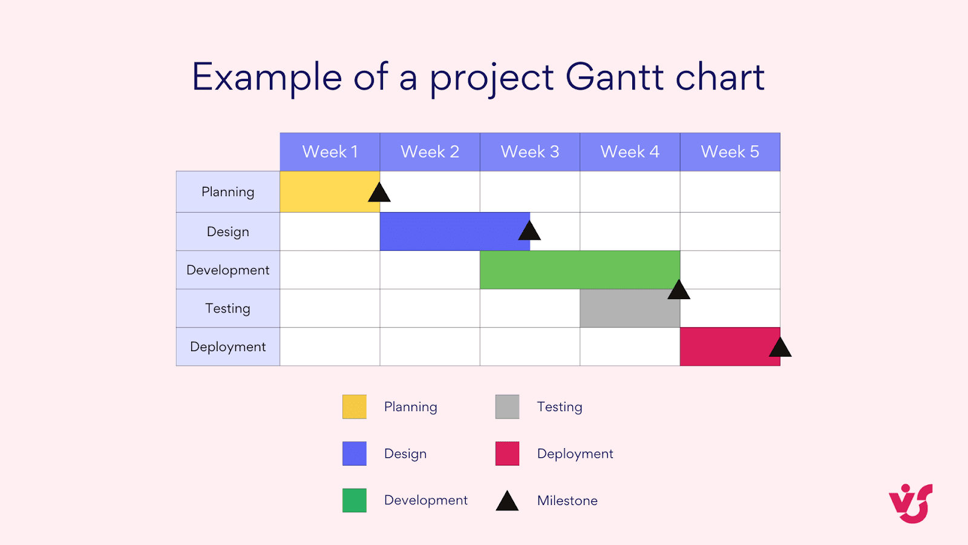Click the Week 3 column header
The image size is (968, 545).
point(529,152)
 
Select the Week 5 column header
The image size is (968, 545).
point(730,152)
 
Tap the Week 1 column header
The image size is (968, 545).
point(330,152)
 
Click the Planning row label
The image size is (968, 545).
point(227,192)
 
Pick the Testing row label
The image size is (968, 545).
point(227,308)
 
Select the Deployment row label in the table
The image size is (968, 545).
point(227,347)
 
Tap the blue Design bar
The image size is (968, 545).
point(448,231)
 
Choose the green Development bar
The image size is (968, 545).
point(575,269)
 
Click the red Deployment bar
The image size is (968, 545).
point(723,346)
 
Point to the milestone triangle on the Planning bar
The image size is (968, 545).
point(379,194)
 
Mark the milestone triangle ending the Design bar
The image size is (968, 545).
point(529,232)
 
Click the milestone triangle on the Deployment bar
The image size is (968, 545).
point(780,348)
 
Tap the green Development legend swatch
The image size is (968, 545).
point(355,500)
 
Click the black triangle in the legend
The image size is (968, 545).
point(507,502)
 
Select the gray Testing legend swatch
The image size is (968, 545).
point(507,407)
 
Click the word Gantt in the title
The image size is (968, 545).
point(614,78)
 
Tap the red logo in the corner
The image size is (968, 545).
point(911,503)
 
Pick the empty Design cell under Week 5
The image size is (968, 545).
point(730,231)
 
